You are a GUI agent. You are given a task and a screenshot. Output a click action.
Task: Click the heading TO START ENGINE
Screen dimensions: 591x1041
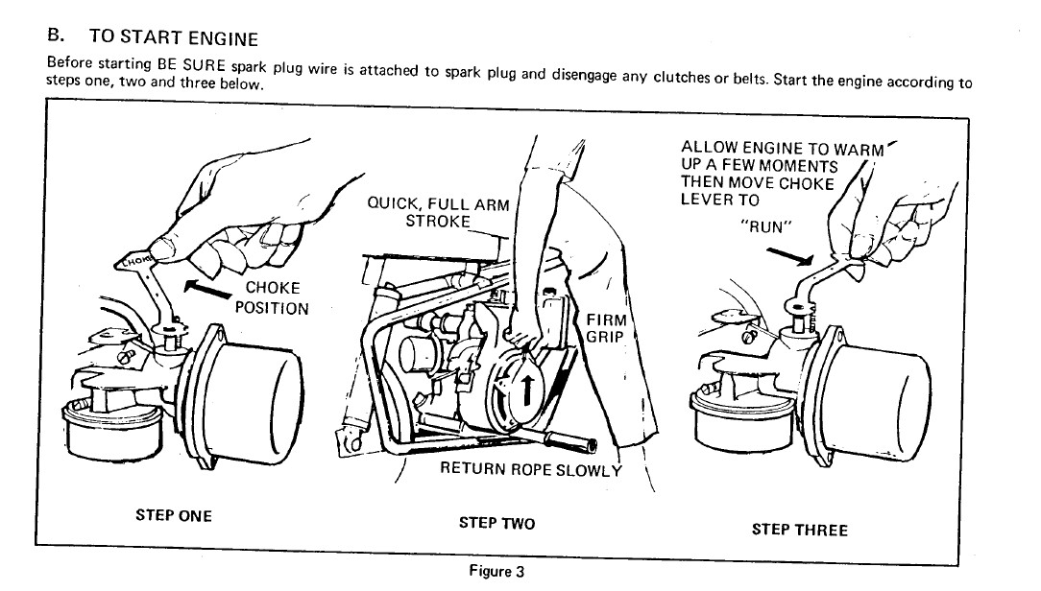(x=174, y=38)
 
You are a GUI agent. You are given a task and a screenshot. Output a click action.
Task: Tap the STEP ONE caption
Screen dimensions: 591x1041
(x=174, y=515)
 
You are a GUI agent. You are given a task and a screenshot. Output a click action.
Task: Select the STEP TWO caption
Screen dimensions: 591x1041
(x=496, y=523)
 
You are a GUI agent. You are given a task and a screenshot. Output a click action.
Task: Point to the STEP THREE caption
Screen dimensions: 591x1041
(x=799, y=529)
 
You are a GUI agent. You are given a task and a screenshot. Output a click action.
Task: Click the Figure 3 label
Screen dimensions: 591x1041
(x=496, y=572)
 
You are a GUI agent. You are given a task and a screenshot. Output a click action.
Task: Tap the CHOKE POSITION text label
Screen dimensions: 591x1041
(x=273, y=297)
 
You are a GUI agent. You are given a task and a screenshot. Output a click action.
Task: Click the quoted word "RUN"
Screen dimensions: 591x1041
(x=766, y=227)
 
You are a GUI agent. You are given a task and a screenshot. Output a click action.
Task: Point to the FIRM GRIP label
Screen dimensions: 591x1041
(x=606, y=328)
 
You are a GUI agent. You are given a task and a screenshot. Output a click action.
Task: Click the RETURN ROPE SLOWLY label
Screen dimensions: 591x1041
(x=530, y=469)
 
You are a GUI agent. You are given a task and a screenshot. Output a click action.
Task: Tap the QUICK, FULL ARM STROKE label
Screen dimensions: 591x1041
(x=438, y=212)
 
